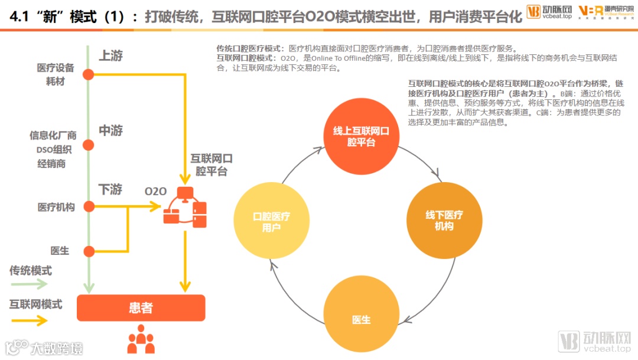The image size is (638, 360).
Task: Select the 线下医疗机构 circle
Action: pos(444,220)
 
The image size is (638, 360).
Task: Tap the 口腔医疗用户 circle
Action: pos(271,220)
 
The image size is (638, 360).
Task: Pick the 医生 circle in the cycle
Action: pos(361,320)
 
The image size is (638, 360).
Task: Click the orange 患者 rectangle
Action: pos(141,308)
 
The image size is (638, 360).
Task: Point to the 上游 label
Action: pos(110,56)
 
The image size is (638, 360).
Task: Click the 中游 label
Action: pos(110,131)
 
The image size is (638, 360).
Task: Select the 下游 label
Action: pos(110,190)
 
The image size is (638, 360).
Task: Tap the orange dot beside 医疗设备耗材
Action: pos(89,74)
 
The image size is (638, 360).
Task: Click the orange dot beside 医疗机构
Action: pos(89,207)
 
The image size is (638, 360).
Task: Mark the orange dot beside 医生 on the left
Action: pos(89,251)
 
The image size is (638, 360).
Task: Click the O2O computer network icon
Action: pos(185,206)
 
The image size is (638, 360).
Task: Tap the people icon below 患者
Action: pos(141,340)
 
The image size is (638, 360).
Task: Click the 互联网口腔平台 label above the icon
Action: pos(211,165)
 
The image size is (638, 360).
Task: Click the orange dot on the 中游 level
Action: pos(89,145)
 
